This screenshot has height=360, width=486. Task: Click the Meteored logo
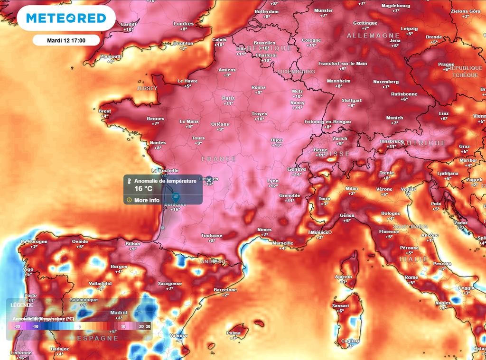click(x=66, y=18)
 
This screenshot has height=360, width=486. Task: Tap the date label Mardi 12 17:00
click(x=66, y=40)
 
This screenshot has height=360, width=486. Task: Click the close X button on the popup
click(x=208, y=181)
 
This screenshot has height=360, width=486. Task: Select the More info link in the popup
click(x=147, y=200)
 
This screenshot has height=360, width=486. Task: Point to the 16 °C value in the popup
click(x=143, y=189)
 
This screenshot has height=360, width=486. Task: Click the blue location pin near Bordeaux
click(x=175, y=197)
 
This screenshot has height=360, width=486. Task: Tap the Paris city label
click(x=228, y=98)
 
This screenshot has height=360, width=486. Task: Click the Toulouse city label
click(x=212, y=235)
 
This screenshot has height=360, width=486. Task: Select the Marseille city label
click(x=283, y=243)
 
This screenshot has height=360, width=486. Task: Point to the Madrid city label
click(x=119, y=313)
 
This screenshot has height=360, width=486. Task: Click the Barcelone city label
click(x=225, y=290)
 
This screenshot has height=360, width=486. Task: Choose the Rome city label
click(x=411, y=277)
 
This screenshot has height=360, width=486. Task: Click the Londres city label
click(x=184, y=24)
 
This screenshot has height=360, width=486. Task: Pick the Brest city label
click(x=105, y=111)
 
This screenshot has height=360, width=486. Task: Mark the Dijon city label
click(x=277, y=140)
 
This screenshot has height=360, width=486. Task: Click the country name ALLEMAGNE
click(x=373, y=36)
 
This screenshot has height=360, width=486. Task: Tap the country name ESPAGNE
click(x=97, y=338)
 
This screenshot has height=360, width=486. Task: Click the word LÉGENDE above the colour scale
click(x=22, y=305)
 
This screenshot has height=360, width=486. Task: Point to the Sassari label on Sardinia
click(x=340, y=306)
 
